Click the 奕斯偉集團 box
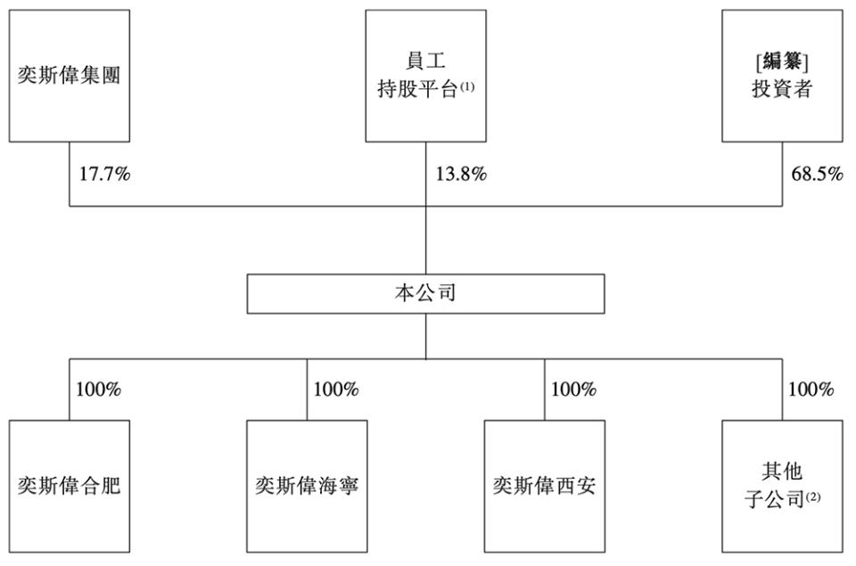click(70, 76)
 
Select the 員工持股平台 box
click(426, 76)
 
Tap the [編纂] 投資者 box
click(782, 76)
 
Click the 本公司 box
click(426, 293)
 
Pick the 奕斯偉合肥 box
click(70, 487)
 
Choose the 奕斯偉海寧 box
click(307, 487)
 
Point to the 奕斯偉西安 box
click(544, 487)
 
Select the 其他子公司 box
click(782, 487)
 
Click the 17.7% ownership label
click(105, 174)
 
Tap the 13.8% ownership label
click(461, 174)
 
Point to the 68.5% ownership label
click(818, 174)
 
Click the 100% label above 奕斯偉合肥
click(99, 390)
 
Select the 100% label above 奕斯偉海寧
click(336, 390)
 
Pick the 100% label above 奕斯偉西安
click(573, 390)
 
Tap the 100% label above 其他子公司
click(811, 390)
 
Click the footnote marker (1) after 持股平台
click(467, 86)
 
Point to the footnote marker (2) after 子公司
click(813, 496)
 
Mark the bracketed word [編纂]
click(782, 62)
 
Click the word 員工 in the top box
click(426, 61)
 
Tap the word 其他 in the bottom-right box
click(782, 472)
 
